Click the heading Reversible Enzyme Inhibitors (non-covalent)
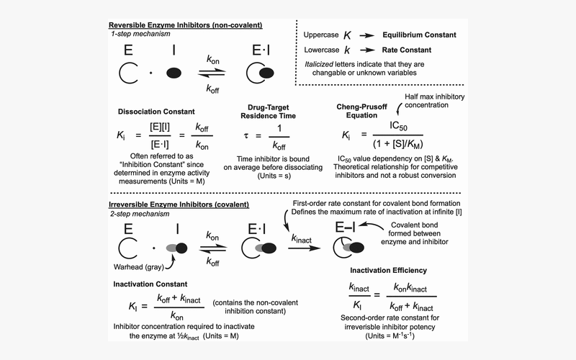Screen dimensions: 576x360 [186, 25]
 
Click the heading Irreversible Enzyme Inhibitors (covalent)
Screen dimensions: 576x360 [179, 204]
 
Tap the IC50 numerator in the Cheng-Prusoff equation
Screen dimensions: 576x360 [398, 127]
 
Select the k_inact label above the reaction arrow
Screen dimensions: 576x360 [301, 239]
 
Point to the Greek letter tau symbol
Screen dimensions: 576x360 [246, 136]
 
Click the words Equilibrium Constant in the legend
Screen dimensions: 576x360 [419, 35]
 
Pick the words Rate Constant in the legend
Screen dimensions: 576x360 [407, 50]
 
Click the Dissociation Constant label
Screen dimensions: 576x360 [156, 112]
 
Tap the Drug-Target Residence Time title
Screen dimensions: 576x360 [268, 112]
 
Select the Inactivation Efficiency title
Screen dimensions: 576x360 [388, 271]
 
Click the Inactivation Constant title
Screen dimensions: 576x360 [150, 284]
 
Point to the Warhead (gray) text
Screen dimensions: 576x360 [139, 267]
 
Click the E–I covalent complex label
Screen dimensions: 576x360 [345, 228]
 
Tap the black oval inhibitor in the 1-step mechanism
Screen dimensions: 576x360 [174, 73]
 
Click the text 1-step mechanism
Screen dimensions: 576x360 [140, 34]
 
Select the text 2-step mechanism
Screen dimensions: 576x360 [140, 214]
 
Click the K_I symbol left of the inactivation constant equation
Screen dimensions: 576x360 [133, 306]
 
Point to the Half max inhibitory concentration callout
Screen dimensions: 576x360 [435, 101]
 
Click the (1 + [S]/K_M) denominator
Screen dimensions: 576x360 [398, 143]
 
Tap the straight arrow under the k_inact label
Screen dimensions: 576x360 [304, 248]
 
